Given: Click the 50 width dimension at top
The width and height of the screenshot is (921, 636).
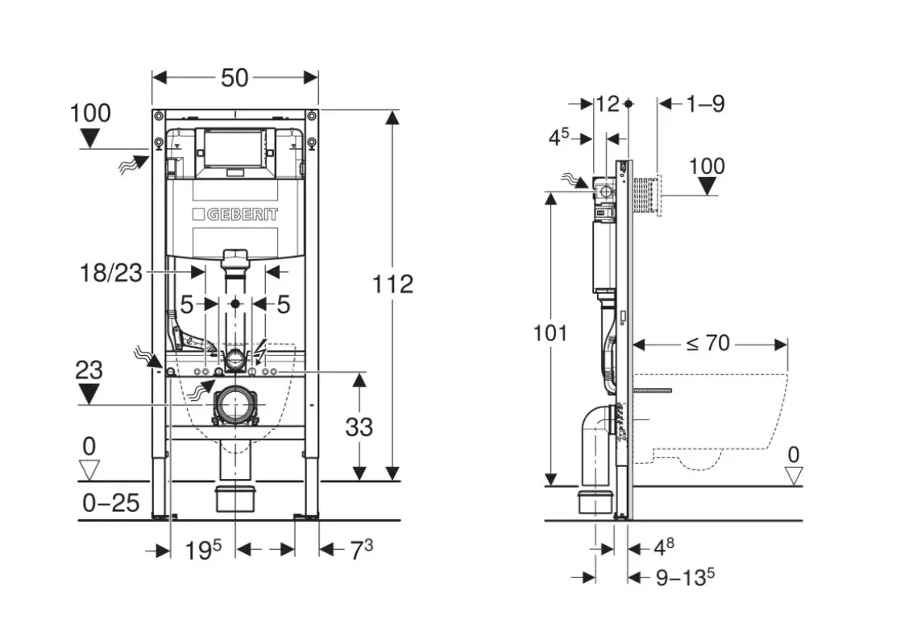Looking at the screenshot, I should point(234,77).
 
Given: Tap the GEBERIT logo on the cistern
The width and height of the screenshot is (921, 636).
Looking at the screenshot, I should point(235,214).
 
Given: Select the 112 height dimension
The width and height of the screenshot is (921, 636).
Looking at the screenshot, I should point(393,284).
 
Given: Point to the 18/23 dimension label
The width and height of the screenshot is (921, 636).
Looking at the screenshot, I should point(112,274).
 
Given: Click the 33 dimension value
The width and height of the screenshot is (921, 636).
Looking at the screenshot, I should point(359,426).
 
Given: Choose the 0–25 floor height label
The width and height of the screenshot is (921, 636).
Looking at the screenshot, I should point(111,503).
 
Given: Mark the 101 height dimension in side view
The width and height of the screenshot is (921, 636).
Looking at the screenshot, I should point(550,332).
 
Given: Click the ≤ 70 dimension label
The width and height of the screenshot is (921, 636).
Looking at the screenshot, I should point(707,344).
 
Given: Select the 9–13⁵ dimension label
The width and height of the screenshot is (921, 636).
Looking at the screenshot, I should point(686,577).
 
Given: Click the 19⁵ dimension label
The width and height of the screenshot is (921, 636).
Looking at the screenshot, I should point(202,550).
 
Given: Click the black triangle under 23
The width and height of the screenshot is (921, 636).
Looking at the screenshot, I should point(89,394).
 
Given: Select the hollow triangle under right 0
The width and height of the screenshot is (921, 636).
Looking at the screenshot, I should point(794,476).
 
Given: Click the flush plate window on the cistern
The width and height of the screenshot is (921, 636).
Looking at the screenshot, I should point(234,147).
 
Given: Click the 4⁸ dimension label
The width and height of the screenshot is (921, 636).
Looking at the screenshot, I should point(663,548).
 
